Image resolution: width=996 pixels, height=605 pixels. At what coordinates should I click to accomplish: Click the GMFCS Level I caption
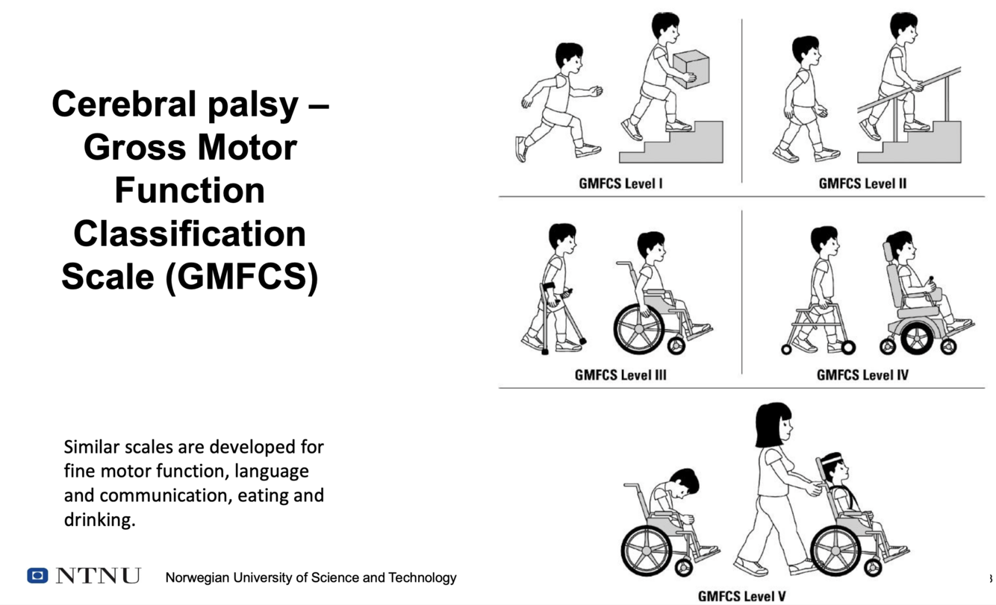620,184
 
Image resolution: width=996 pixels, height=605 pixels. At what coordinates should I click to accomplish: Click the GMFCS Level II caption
862,184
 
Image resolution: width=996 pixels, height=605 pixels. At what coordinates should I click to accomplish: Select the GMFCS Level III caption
620,375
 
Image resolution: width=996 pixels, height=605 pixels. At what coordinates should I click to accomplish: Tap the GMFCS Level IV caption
862,375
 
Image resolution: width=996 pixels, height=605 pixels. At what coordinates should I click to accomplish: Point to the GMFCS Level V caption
741,596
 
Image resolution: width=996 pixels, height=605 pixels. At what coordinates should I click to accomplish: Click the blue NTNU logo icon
37,575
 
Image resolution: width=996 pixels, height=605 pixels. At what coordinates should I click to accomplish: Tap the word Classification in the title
190,233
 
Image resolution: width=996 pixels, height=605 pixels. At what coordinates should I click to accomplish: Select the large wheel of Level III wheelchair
638,328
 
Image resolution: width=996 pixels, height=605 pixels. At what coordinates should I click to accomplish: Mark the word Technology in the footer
422,577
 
